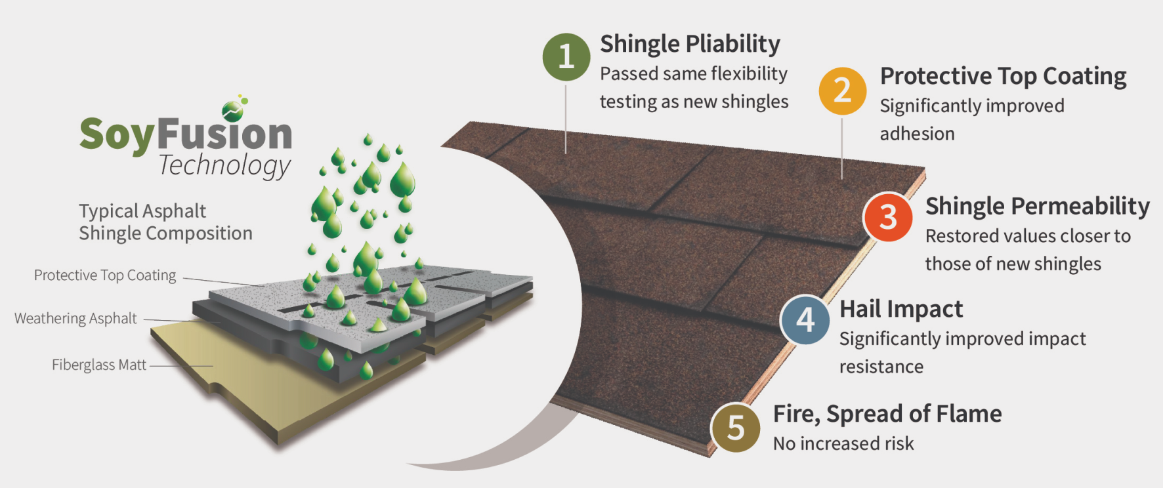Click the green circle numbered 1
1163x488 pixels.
pos(566,57)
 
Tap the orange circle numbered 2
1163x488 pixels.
pos(842,91)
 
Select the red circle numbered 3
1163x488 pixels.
pos(887,216)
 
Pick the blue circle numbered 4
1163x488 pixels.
pos(805,320)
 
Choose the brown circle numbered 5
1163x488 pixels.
pos(735,428)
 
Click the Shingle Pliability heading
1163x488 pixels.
pos(690,44)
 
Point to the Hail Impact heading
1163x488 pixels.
pos(900,309)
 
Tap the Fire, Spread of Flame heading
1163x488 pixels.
pos(887,414)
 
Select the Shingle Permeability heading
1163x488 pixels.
pos(1037,206)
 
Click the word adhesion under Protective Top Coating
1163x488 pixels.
pos(917,134)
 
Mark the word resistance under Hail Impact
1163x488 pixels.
pos(881,367)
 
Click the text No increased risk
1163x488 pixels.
pos(843,444)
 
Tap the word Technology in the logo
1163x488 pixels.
pos(224,165)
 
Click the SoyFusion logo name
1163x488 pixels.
pos(186,134)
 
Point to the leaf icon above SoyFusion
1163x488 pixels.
pos(234,108)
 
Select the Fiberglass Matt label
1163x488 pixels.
pos(99,365)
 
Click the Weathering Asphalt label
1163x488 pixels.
pos(75,319)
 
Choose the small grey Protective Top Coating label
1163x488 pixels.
pos(105,275)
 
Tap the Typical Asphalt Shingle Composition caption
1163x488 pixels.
pos(165,222)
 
